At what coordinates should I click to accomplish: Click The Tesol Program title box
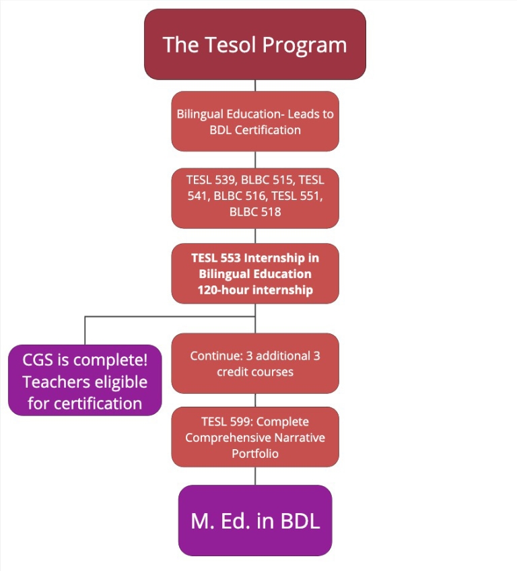click(x=255, y=44)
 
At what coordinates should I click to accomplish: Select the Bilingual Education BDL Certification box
click(x=255, y=121)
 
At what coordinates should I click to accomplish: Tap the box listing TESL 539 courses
click(x=255, y=198)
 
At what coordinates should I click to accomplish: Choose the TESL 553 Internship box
click(x=255, y=273)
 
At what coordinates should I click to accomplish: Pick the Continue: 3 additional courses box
click(x=255, y=363)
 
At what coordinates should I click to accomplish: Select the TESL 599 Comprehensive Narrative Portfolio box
click(x=255, y=437)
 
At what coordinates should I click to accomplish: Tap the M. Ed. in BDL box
click(x=255, y=520)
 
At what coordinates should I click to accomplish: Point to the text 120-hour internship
click(x=255, y=290)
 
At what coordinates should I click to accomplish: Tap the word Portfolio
click(x=255, y=453)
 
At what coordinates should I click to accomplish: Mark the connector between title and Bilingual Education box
click(x=255, y=86)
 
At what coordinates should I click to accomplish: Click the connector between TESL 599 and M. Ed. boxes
click(x=255, y=476)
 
